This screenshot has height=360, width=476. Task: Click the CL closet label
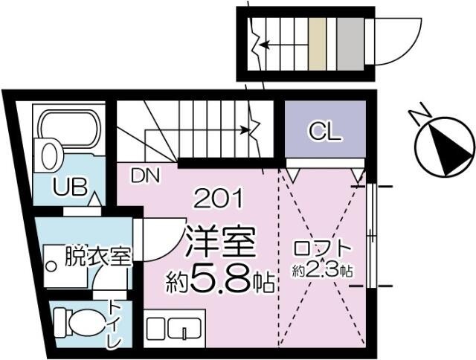point(324,132)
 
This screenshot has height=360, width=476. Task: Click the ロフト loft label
point(322,249)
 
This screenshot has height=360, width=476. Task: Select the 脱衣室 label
point(97,257)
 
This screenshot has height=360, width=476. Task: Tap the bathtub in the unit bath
point(71,129)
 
